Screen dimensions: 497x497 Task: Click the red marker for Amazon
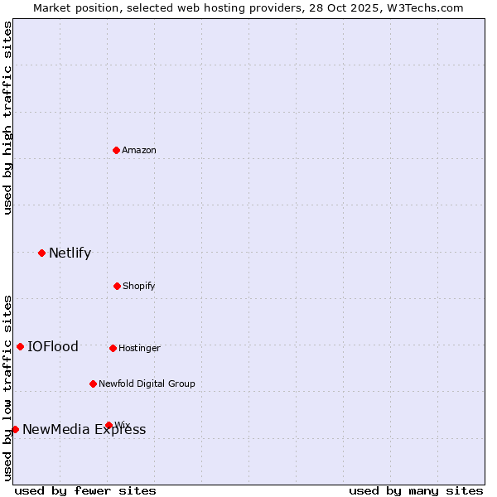117,150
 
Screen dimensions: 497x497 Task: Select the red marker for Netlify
41,253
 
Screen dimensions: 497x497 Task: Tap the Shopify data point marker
117,286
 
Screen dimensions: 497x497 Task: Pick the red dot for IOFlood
20,346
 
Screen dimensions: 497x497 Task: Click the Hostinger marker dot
113,348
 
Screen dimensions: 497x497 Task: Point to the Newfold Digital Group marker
93,384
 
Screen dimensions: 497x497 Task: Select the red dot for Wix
109,425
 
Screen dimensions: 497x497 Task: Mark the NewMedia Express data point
15,429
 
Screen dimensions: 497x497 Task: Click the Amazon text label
139,150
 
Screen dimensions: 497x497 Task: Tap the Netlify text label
70,253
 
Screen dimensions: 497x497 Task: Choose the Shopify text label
139,286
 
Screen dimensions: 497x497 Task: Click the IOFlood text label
53,346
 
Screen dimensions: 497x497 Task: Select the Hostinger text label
139,348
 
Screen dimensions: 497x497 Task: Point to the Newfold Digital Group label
147,384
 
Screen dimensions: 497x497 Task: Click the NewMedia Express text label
84,429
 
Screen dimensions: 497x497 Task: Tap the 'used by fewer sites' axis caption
85,490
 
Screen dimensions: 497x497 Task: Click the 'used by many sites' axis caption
416,490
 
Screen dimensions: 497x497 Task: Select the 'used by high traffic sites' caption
7,118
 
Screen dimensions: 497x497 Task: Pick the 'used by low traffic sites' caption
7,387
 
